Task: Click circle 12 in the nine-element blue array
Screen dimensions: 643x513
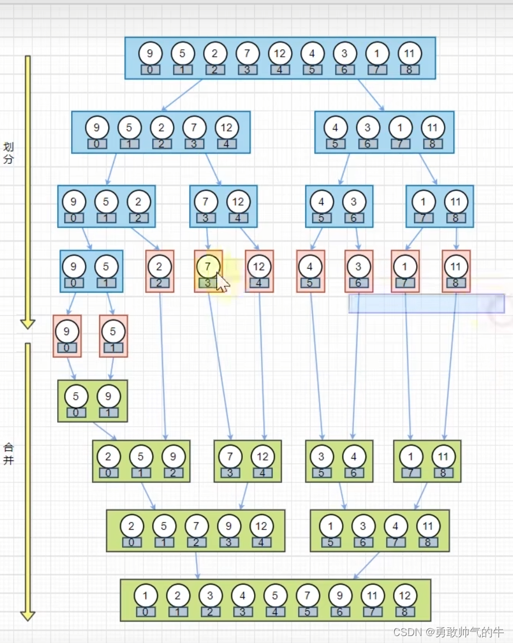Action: point(280,54)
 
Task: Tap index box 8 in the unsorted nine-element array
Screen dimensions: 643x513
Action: point(409,70)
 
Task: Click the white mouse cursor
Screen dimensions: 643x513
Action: point(222,283)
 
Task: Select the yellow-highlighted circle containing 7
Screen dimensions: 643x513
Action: point(208,266)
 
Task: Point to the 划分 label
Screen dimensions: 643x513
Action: point(8,153)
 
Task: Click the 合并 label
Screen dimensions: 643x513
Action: point(8,453)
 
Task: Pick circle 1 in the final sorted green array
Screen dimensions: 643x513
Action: point(145,595)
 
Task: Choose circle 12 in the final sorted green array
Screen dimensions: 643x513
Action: point(405,595)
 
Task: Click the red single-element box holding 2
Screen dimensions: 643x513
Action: point(159,271)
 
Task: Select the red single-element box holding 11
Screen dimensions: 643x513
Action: point(456,271)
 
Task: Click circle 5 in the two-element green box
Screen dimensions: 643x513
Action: point(76,396)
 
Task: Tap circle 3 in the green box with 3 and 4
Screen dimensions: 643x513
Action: point(321,456)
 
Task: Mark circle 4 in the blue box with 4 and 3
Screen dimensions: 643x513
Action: point(321,202)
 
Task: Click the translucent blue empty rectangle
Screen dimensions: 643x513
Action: point(426,303)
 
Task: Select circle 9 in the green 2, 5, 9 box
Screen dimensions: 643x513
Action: point(173,456)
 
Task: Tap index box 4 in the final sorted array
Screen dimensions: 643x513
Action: point(275,612)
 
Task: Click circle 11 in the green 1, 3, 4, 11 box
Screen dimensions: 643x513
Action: point(428,526)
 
